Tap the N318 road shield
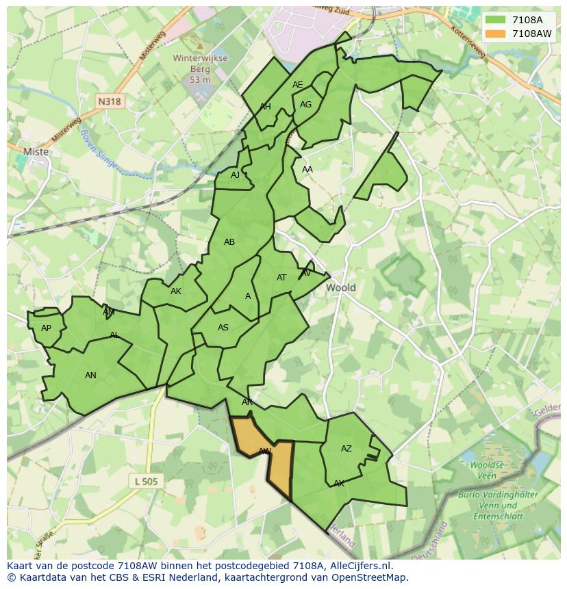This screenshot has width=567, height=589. (x=109, y=101)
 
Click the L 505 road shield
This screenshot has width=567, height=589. (x=146, y=482)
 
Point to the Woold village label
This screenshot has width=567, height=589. (x=340, y=287)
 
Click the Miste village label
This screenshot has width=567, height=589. (x=36, y=152)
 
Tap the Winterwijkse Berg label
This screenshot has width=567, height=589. (x=200, y=68)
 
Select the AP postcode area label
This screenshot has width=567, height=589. (x=46, y=328)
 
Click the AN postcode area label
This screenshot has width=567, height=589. (x=90, y=375)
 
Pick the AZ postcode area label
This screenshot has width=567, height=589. (x=346, y=449)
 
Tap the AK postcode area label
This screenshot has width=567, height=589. (x=176, y=291)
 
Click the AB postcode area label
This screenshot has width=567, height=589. (x=229, y=242)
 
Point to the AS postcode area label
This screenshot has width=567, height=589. (x=223, y=328)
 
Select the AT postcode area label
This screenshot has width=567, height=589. (x=281, y=278)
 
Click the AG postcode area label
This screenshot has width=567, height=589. (x=305, y=105)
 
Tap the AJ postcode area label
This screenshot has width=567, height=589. (x=235, y=175)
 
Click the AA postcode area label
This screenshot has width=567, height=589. (x=307, y=170)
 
